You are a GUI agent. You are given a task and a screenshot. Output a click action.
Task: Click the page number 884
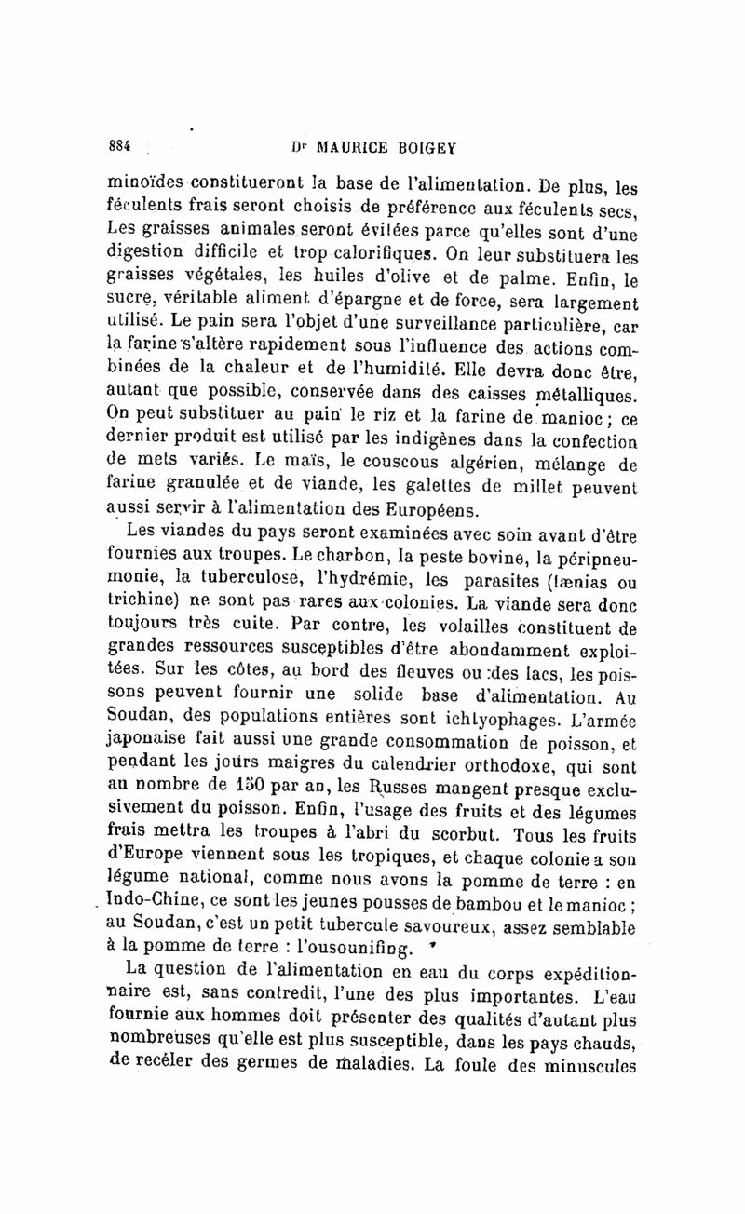pos(119,146)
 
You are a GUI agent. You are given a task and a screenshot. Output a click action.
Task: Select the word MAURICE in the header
pos(358,146)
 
